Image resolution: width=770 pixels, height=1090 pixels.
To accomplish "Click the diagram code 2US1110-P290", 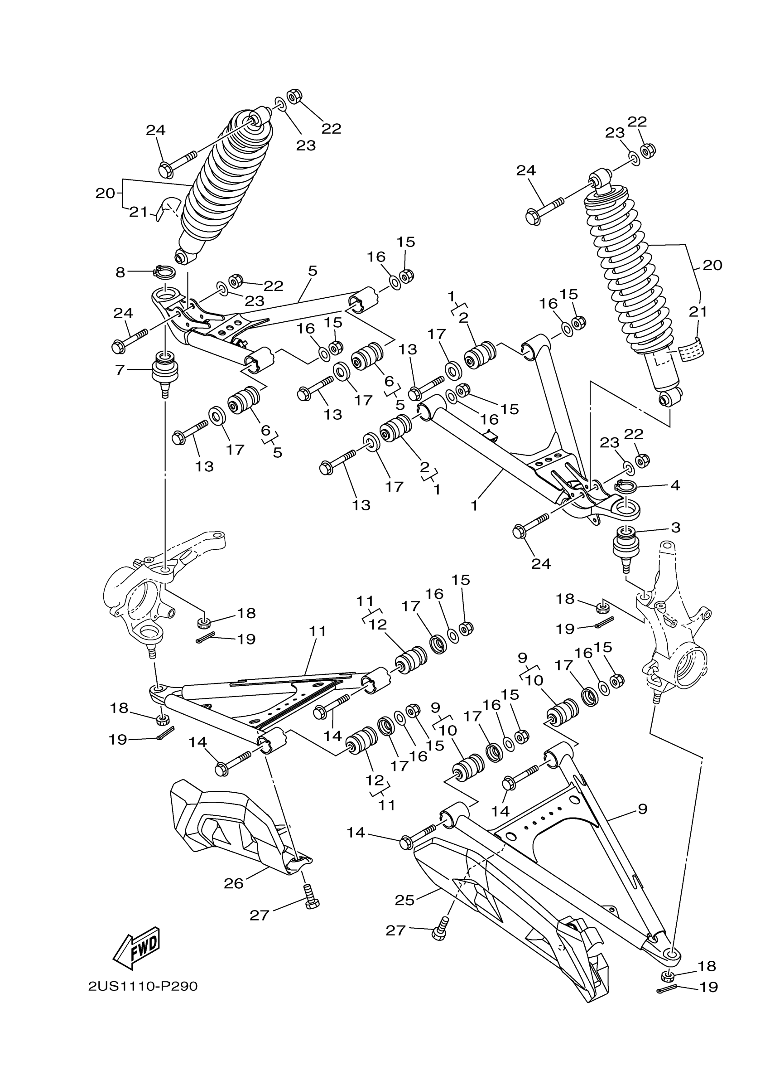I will [143, 986].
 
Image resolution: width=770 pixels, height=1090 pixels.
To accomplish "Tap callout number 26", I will [234, 883].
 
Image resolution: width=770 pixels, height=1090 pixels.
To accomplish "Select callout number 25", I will [404, 900].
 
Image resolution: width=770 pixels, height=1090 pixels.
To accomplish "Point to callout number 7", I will [120, 370].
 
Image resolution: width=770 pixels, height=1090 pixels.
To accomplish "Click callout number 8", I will [120, 272].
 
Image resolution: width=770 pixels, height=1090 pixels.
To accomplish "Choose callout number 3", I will [676, 528].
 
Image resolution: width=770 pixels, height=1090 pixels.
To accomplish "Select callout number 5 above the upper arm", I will [312, 271].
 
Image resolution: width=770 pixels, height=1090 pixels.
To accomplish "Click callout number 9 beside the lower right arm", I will [642, 809].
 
